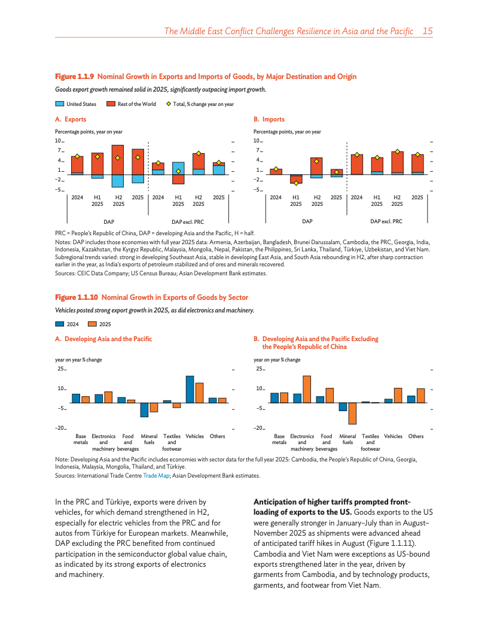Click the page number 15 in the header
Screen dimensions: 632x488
(x=427, y=31)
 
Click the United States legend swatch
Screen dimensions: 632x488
(x=59, y=104)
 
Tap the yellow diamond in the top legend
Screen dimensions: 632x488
(x=168, y=104)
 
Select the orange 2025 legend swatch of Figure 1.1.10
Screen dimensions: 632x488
(x=92, y=324)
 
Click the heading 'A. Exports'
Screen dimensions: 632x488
(x=71, y=119)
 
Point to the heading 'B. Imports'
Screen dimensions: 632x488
(x=269, y=119)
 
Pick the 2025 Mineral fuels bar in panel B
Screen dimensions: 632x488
(x=352, y=413)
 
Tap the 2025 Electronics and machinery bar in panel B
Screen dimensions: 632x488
(x=307, y=389)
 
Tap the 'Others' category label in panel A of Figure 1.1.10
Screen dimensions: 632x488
(x=217, y=436)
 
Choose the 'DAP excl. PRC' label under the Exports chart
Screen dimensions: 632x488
(x=188, y=221)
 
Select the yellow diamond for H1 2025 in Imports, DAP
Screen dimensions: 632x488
(x=296, y=183)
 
